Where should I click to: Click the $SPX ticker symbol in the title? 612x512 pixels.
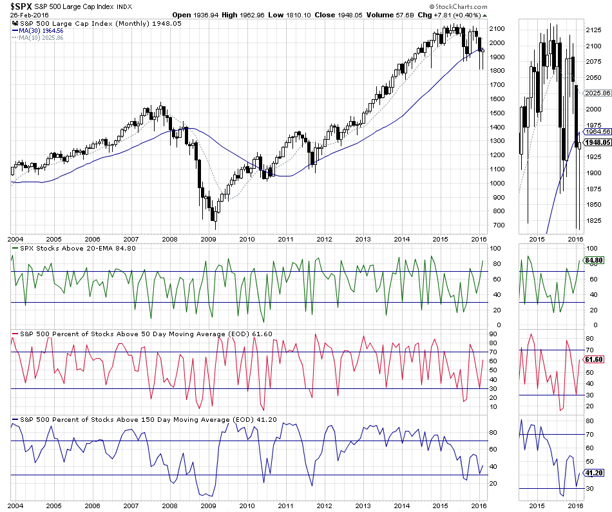21,6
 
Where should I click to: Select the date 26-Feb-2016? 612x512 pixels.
30,15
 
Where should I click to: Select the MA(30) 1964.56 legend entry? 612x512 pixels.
44,30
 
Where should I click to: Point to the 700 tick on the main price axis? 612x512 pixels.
495,225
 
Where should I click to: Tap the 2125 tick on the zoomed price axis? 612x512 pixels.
593,30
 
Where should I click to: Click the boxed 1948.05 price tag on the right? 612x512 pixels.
596,142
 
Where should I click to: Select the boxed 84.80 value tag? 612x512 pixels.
593,260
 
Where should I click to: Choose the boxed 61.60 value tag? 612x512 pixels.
593,359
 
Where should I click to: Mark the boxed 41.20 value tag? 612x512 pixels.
593,472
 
